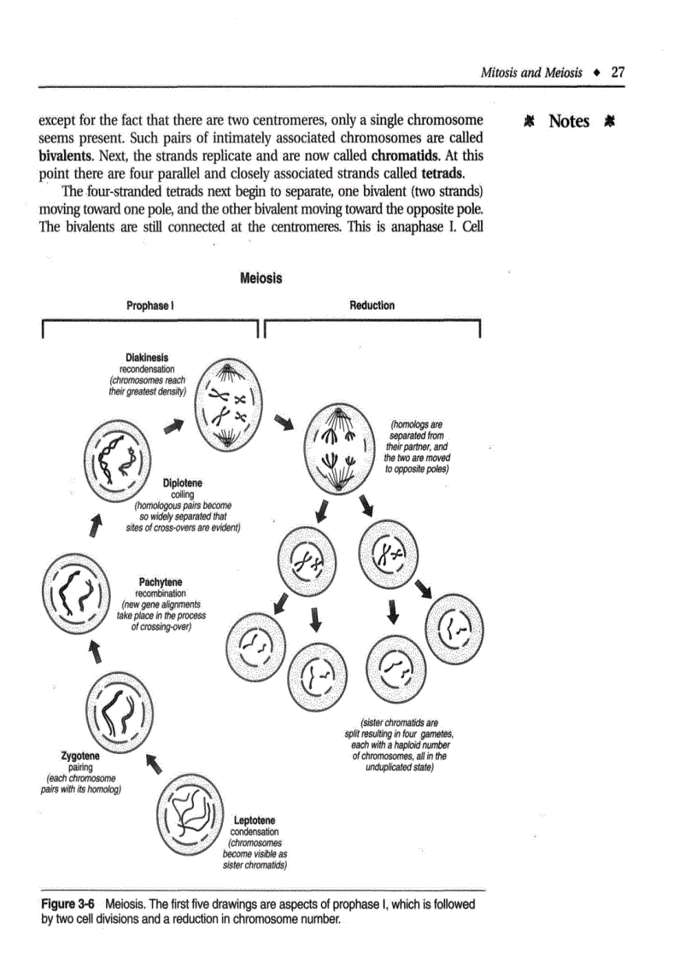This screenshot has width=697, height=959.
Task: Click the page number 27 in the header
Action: pos(618,73)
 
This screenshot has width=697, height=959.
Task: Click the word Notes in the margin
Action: pos(569,121)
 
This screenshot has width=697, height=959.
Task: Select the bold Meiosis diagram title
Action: pos(261,278)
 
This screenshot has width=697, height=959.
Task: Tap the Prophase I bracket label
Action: pos(151,305)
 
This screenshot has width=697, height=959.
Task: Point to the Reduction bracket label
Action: pos(372,305)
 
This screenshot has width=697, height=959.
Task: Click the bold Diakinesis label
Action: pos(146,358)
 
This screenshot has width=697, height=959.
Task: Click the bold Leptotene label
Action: pos(254,821)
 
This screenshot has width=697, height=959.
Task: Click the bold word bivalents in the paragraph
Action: pos(67,157)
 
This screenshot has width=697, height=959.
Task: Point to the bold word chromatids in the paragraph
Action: pos(404,157)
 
